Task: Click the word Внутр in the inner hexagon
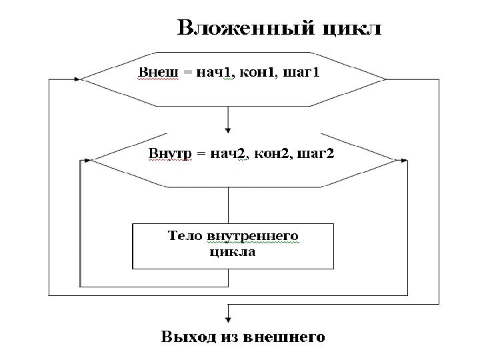pos(169,153)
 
